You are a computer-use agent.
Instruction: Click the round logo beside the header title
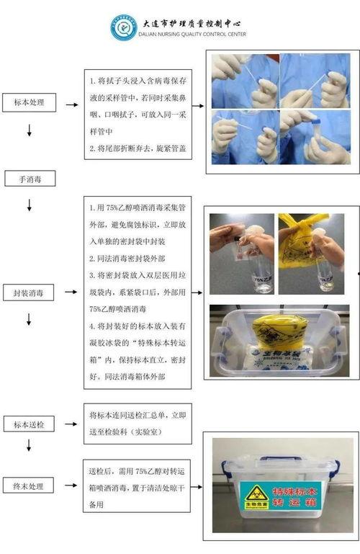click(122, 27)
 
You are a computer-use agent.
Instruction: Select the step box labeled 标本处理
click(29, 102)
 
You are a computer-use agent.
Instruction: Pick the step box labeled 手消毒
click(27, 177)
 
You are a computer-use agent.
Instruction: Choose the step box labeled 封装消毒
click(29, 292)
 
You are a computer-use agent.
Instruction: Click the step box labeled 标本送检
click(29, 424)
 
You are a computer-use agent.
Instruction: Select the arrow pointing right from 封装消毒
click(71, 292)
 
